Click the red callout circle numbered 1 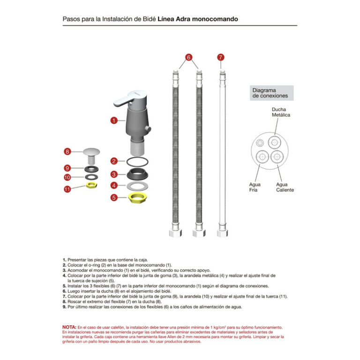pyautogui.click(x=114, y=120)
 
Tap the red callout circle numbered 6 pyautogui.click(x=188, y=57)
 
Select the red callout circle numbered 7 pyautogui.click(x=221, y=57)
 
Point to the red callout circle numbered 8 pyautogui.click(x=67, y=151)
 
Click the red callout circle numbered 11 pyautogui.click(x=67, y=189)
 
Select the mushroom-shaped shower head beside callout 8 pyautogui.click(x=91, y=153)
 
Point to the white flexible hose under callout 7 pyautogui.click(x=221, y=150)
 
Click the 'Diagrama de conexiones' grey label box pyautogui.click(x=270, y=93)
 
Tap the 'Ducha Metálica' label pyautogui.click(x=281, y=112)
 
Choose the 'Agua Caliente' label pyautogui.click(x=285, y=187)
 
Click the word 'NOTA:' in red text pyautogui.click(x=69, y=327)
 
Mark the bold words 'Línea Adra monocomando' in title pyautogui.click(x=198, y=19)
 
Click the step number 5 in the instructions pyautogui.click(x=64, y=285)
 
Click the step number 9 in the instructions pyautogui.click(x=64, y=307)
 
